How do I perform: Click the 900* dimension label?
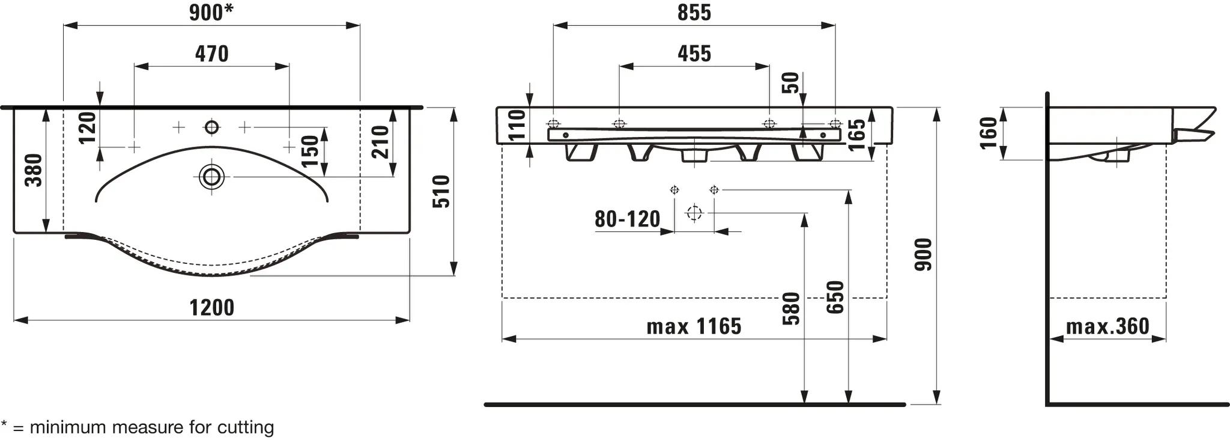click(211, 13)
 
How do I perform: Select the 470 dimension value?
click(212, 54)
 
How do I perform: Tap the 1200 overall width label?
click(212, 308)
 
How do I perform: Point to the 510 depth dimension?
click(441, 191)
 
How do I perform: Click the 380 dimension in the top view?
click(34, 170)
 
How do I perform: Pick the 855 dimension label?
click(694, 13)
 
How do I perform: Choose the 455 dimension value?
click(694, 54)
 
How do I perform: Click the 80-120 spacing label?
click(628, 219)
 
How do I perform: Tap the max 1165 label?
click(694, 326)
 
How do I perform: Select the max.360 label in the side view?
click(1107, 326)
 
